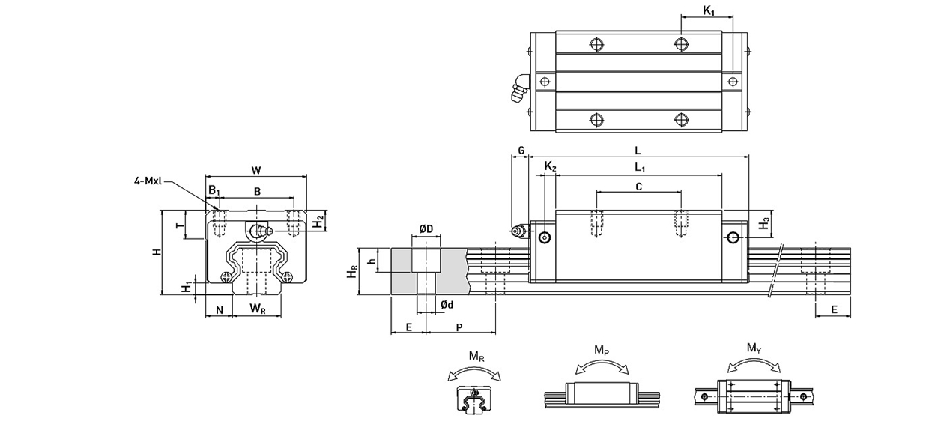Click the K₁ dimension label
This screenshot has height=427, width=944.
pyautogui.click(x=709, y=10)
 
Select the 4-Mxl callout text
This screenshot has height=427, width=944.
pyautogui.click(x=146, y=180)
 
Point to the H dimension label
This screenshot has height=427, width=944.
pyautogui.click(x=157, y=252)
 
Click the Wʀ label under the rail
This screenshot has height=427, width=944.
pyautogui.click(x=257, y=309)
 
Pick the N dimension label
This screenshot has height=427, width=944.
pyautogui.click(x=219, y=309)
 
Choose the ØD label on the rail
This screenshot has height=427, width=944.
pyautogui.click(x=425, y=229)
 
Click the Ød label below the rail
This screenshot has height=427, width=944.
pyautogui.click(x=447, y=304)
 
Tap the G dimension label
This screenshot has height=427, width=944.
pyautogui.click(x=520, y=151)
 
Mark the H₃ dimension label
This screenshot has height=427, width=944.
pyautogui.click(x=763, y=223)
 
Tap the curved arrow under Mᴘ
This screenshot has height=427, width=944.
pyautogui.click(x=601, y=365)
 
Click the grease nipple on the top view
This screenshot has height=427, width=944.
pyautogui.click(x=518, y=86)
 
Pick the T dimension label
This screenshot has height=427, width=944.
pyautogui.click(x=178, y=225)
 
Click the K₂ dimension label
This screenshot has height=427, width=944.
pyautogui.click(x=550, y=166)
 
